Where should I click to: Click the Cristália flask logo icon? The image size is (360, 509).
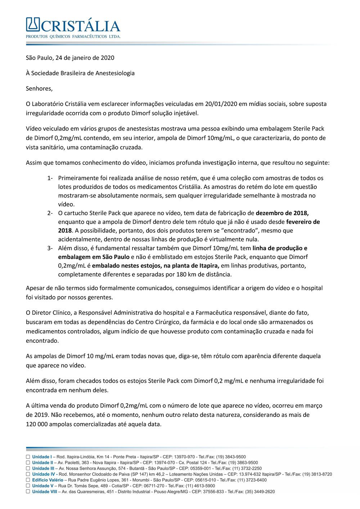tap(33, 24)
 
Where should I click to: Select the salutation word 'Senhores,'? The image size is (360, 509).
tap(39, 88)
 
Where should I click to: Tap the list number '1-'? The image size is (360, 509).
tap(50, 178)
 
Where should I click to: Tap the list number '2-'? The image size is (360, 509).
tap(50, 213)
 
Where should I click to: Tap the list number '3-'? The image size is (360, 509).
tap(50, 248)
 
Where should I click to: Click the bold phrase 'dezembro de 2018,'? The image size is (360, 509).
tap(282, 213)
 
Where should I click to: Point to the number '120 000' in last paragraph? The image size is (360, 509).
tap(37, 424)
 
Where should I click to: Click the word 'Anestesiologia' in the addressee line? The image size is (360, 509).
tap(115, 73)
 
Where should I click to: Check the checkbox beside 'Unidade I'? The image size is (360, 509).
tap(28, 457)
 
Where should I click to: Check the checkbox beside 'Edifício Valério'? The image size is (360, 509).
tap(28, 480)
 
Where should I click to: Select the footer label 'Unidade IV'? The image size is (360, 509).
tap(43, 474)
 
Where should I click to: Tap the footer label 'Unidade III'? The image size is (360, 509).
tap(43, 468)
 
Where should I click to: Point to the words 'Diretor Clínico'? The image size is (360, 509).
tap(51, 313)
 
